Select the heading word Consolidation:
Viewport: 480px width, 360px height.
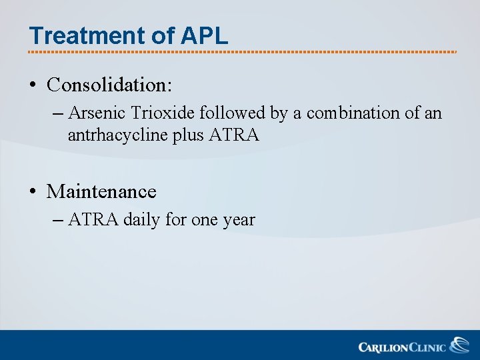click(109, 85)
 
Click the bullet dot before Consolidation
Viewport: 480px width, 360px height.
click(32, 85)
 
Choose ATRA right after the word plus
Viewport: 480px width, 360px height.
click(234, 135)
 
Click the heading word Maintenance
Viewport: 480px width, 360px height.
click(101, 192)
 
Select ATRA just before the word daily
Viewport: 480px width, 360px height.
click(93, 220)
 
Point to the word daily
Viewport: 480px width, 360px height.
click(142, 220)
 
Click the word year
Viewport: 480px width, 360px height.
click(239, 220)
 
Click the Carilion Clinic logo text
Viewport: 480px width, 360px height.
click(402, 347)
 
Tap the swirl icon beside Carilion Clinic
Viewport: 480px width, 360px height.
click(460, 345)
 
